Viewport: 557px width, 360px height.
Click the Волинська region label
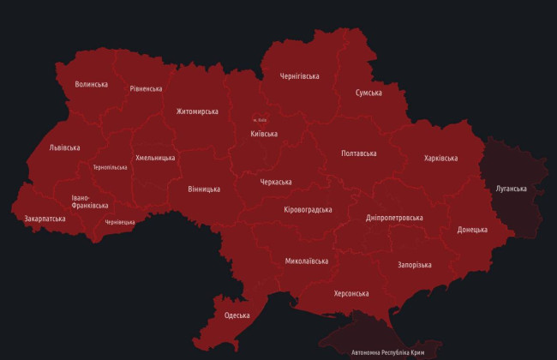[x=91, y=84]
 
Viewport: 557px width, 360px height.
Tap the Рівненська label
[x=146, y=88]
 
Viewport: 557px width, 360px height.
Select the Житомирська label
[x=197, y=111]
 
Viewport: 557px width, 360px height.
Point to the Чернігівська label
[x=299, y=76]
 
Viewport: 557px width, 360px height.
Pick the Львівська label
[x=65, y=147]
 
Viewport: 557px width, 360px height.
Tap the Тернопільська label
[x=110, y=167]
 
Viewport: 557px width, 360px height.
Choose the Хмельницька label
[x=155, y=158]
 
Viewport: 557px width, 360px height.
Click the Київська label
[x=264, y=134]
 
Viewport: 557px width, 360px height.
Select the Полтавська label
[x=358, y=153]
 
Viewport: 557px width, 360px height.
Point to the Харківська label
[x=440, y=158]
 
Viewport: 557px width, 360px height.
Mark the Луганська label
[x=511, y=188]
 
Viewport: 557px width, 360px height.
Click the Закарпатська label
[x=45, y=219]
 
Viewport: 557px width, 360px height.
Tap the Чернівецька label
[x=120, y=222]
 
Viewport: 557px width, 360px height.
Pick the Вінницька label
[x=203, y=189]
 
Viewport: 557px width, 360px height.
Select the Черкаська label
[x=276, y=182]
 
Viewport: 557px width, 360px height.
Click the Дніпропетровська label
[x=394, y=218]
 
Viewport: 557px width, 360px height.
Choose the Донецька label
[x=472, y=230]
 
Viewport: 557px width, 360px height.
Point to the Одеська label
[x=237, y=315]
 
